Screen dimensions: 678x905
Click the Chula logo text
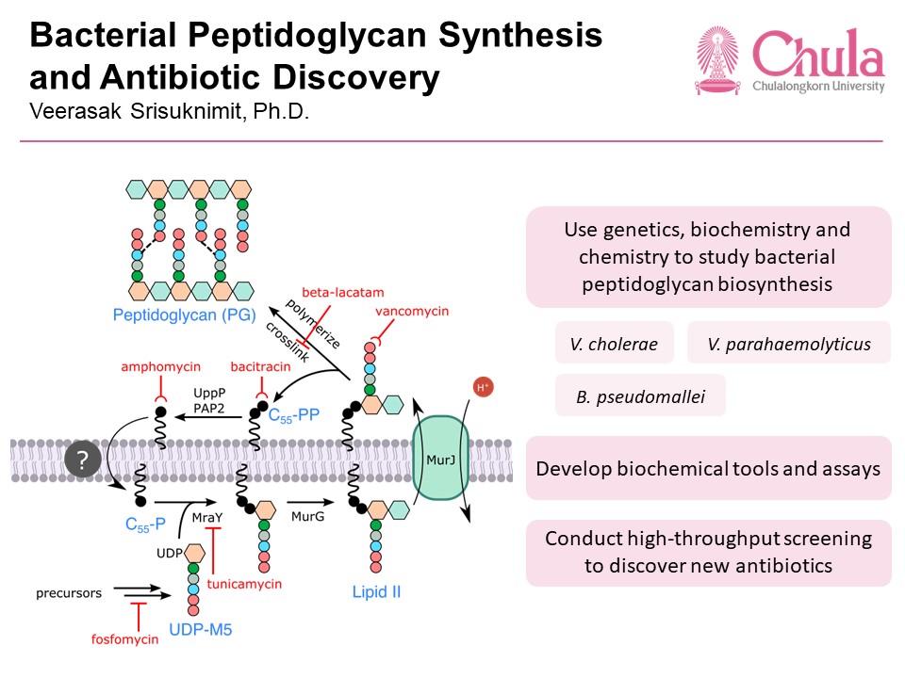click(x=818, y=55)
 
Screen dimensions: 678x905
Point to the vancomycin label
click(x=412, y=310)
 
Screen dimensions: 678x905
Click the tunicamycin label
click(x=244, y=584)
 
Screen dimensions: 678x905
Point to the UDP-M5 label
click(x=200, y=628)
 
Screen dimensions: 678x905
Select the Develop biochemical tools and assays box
click(x=708, y=467)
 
